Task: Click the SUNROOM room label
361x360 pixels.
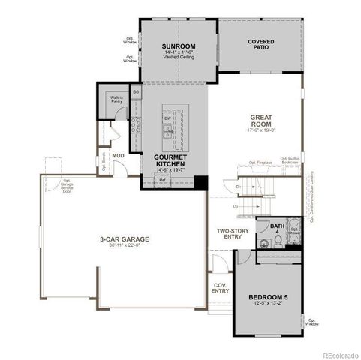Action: pos(179,46)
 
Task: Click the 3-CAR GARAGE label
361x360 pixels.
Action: pos(125,239)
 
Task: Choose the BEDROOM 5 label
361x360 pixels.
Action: pos(268,298)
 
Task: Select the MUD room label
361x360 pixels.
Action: pos(118,156)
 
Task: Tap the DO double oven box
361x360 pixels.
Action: pos(136,92)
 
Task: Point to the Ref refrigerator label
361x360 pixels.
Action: pos(162,181)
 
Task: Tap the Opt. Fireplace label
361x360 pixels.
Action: pos(259,163)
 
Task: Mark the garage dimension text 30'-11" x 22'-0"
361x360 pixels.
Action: pos(125,247)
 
